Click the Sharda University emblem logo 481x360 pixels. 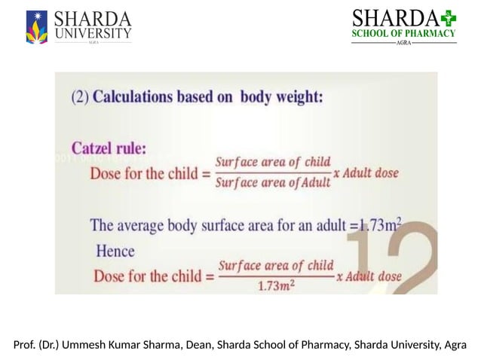[x=37, y=27]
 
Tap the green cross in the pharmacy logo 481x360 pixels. [x=449, y=17]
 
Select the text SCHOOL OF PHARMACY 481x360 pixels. [x=404, y=33]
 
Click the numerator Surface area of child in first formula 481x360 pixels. [x=273, y=162]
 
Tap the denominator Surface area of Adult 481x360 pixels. [x=273, y=182]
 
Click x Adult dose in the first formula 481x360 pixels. [x=366, y=172]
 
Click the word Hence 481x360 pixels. [x=115, y=251]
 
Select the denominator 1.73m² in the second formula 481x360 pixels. [x=275, y=286]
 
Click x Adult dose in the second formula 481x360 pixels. [x=369, y=276]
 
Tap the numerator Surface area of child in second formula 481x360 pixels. [x=276, y=266]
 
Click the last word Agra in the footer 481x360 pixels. [x=455, y=345]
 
